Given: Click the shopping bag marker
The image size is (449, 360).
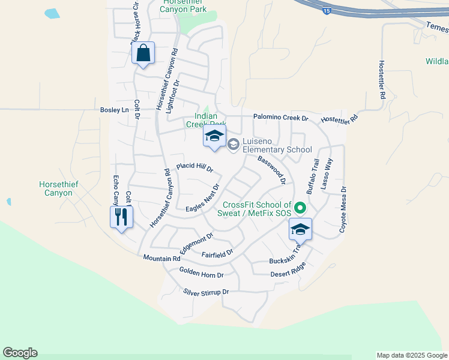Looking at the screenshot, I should click(x=143, y=53).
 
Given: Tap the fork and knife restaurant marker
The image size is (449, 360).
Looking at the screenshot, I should click(x=121, y=217).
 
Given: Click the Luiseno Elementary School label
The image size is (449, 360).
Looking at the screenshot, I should click(x=277, y=149).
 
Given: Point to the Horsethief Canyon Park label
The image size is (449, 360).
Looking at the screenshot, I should click(x=184, y=7).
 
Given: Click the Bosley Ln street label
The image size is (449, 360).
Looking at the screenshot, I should click(x=114, y=110).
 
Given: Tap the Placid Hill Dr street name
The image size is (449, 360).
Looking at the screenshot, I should click(x=194, y=167).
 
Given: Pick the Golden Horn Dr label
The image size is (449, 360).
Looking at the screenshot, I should click(x=201, y=272).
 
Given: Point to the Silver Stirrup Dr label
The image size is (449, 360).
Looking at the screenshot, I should click(x=206, y=292).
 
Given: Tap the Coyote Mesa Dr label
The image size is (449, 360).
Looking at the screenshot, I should click(x=343, y=209).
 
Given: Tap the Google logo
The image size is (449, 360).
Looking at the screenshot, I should click(x=20, y=353).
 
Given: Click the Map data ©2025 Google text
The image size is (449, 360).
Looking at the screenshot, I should click(x=411, y=355).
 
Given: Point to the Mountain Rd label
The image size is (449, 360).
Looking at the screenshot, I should click(x=161, y=258).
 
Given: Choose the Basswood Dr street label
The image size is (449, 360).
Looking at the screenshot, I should click(x=271, y=170).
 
